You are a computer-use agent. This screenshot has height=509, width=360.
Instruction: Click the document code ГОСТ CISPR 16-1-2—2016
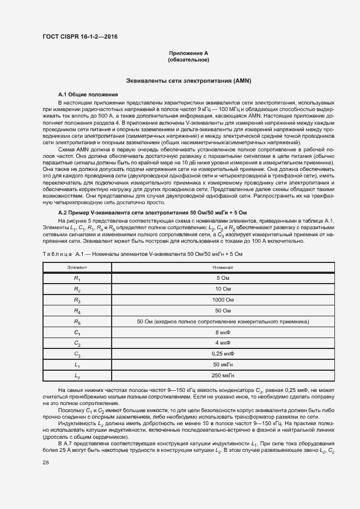click(80, 37)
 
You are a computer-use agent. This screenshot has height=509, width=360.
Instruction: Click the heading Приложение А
click(188, 53)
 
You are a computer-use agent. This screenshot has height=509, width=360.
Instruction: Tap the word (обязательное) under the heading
click(188, 59)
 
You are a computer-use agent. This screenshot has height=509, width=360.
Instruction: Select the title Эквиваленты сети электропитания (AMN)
click(188, 81)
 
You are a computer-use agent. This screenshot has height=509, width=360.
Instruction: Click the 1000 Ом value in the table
click(223, 300)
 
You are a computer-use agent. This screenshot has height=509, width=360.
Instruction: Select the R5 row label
click(77, 322)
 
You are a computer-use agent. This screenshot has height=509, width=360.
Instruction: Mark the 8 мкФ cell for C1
click(223, 332)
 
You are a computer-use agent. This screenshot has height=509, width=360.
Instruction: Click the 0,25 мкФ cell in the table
click(223, 354)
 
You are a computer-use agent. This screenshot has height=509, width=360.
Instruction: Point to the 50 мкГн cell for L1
click(223, 364)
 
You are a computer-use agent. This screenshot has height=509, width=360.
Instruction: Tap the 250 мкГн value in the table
click(223, 375)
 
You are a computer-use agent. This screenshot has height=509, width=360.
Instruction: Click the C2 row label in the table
click(77, 343)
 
